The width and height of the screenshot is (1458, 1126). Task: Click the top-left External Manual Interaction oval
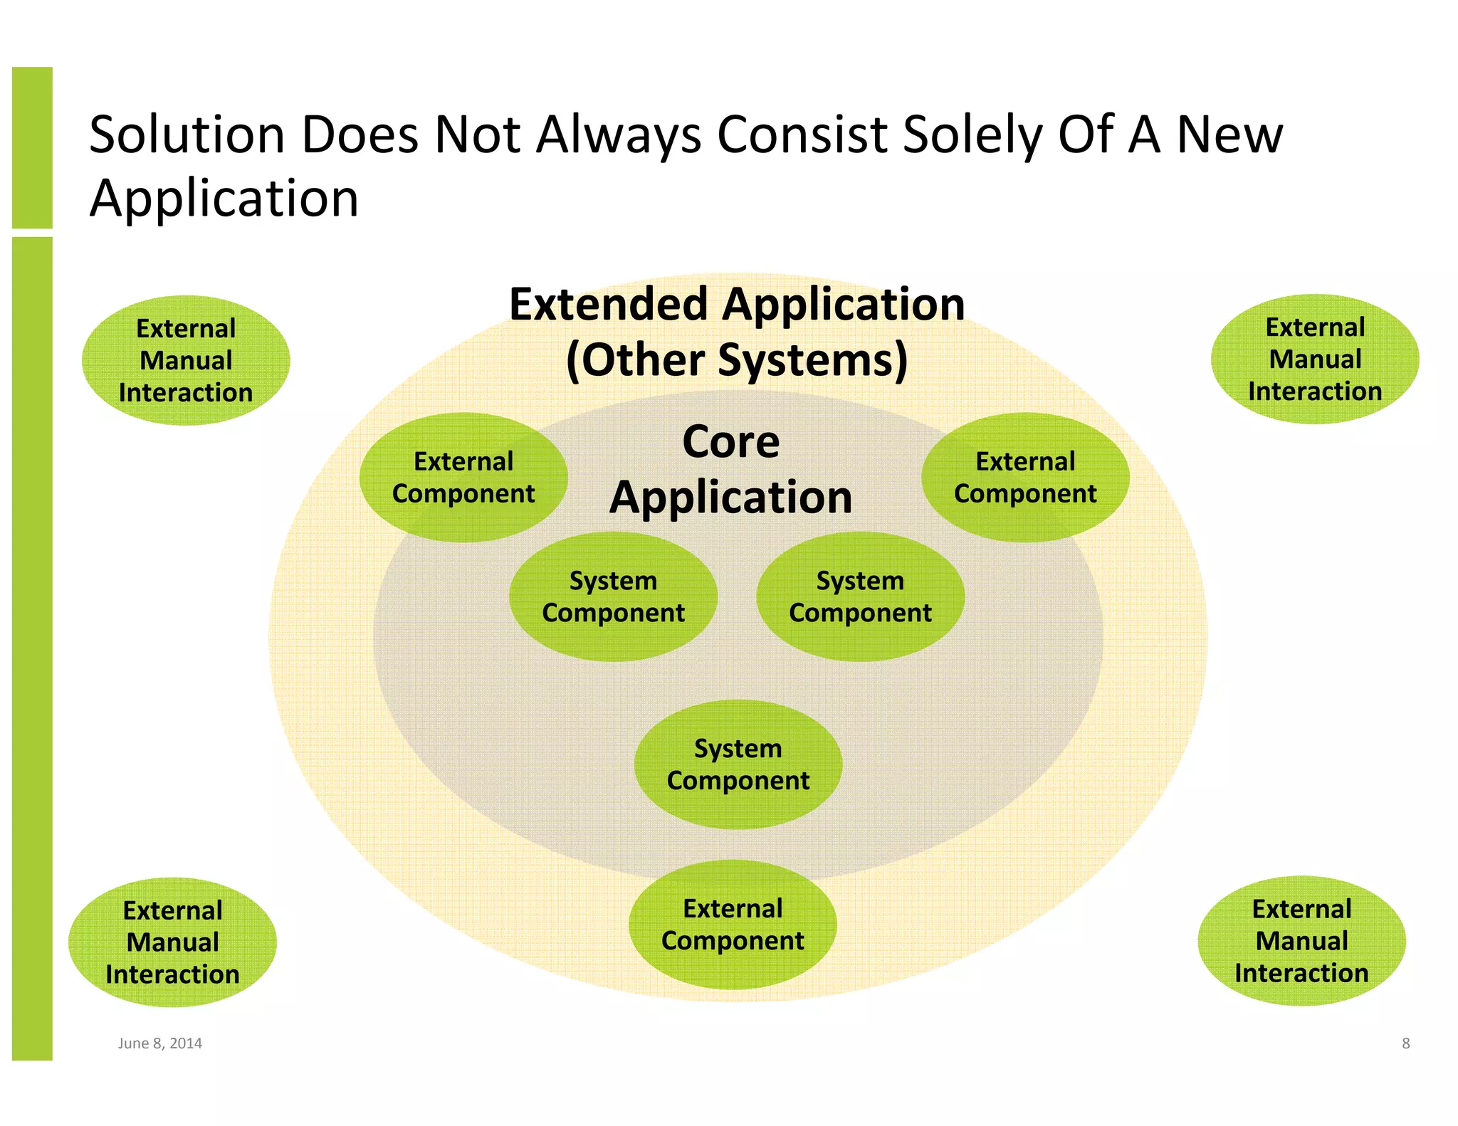(186, 360)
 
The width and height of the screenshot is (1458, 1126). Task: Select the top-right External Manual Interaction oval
(1315, 359)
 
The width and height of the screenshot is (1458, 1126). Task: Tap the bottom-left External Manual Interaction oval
(172, 942)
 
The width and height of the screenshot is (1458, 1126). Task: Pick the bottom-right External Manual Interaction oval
(1301, 940)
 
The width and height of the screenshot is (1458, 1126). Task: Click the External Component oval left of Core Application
(463, 477)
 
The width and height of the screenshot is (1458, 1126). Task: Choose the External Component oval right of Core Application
(1025, 477)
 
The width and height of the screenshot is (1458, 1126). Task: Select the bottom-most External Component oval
(733, 924)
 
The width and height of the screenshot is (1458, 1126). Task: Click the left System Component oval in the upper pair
(613, 596)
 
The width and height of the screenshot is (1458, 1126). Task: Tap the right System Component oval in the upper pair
(860, 596)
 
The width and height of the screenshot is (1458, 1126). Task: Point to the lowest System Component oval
(738, 764)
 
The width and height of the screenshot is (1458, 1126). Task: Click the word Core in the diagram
(731, 441)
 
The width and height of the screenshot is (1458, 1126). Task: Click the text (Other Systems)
(737, 359)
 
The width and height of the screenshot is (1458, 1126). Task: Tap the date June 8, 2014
(159, 1043)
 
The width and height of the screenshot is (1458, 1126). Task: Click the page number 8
(1405, 1043)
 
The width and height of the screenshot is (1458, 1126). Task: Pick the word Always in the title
(618, 135)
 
